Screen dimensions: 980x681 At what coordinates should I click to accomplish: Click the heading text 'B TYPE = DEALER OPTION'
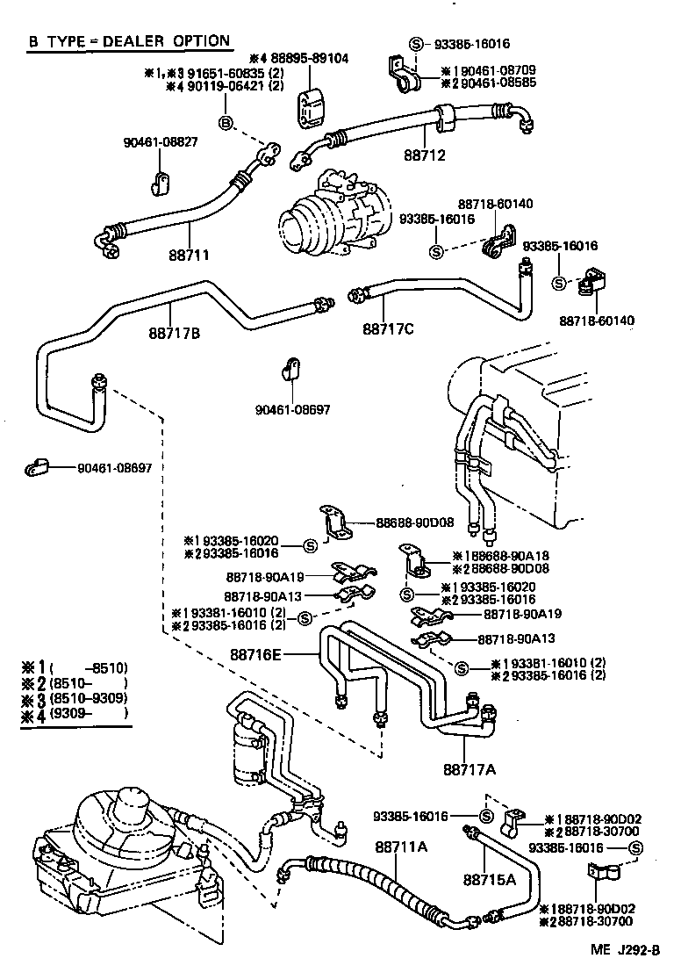(129, 40)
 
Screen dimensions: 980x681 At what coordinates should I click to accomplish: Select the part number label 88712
(425, 156)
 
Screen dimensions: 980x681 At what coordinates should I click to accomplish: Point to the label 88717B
(175, 333)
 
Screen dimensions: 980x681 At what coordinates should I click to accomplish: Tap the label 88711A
(401, 847)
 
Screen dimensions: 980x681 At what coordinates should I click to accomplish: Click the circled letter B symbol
(226, 123)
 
